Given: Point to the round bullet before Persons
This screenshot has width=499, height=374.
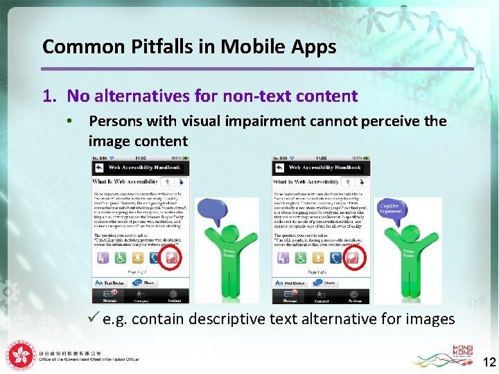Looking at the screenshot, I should coord(69,122).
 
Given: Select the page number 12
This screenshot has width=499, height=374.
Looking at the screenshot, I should coord(489,362).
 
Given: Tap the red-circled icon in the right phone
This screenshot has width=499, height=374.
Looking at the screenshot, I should coord(351,258).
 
